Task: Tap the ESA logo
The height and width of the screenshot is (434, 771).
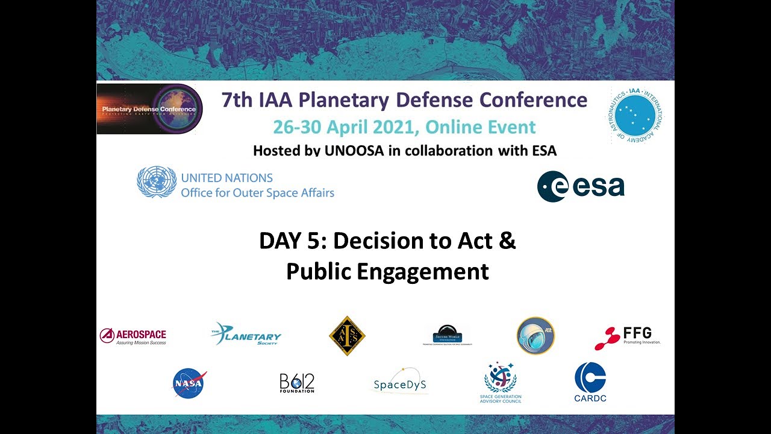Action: (581, 186)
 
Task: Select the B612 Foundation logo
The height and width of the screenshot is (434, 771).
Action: (297, 383)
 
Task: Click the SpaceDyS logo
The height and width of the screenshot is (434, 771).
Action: (400, 382)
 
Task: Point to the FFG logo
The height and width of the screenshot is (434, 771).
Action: (627, 337)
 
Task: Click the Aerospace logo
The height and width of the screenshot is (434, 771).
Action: (133, 336)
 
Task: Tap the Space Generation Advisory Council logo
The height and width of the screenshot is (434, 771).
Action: (501, 382)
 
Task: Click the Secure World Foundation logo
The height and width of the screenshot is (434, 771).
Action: (448, 335)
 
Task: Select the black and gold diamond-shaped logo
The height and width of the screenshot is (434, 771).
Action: (347, 336)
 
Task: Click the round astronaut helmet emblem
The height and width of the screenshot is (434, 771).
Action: (535, 336)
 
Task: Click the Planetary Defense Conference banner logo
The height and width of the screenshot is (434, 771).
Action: (149, 109)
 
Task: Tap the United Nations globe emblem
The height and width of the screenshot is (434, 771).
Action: (157, 182)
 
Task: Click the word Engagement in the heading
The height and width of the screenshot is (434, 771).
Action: (423, 271)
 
